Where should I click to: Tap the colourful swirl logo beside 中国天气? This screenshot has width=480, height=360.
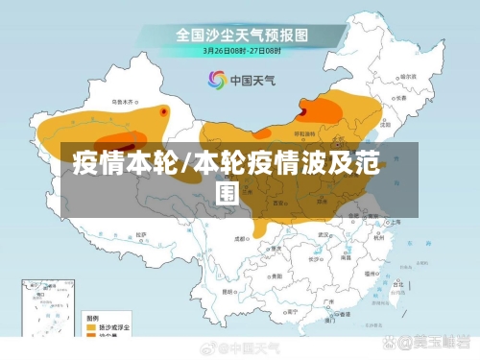coord(215,80)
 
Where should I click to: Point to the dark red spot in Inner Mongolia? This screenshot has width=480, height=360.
coord(303,111)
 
